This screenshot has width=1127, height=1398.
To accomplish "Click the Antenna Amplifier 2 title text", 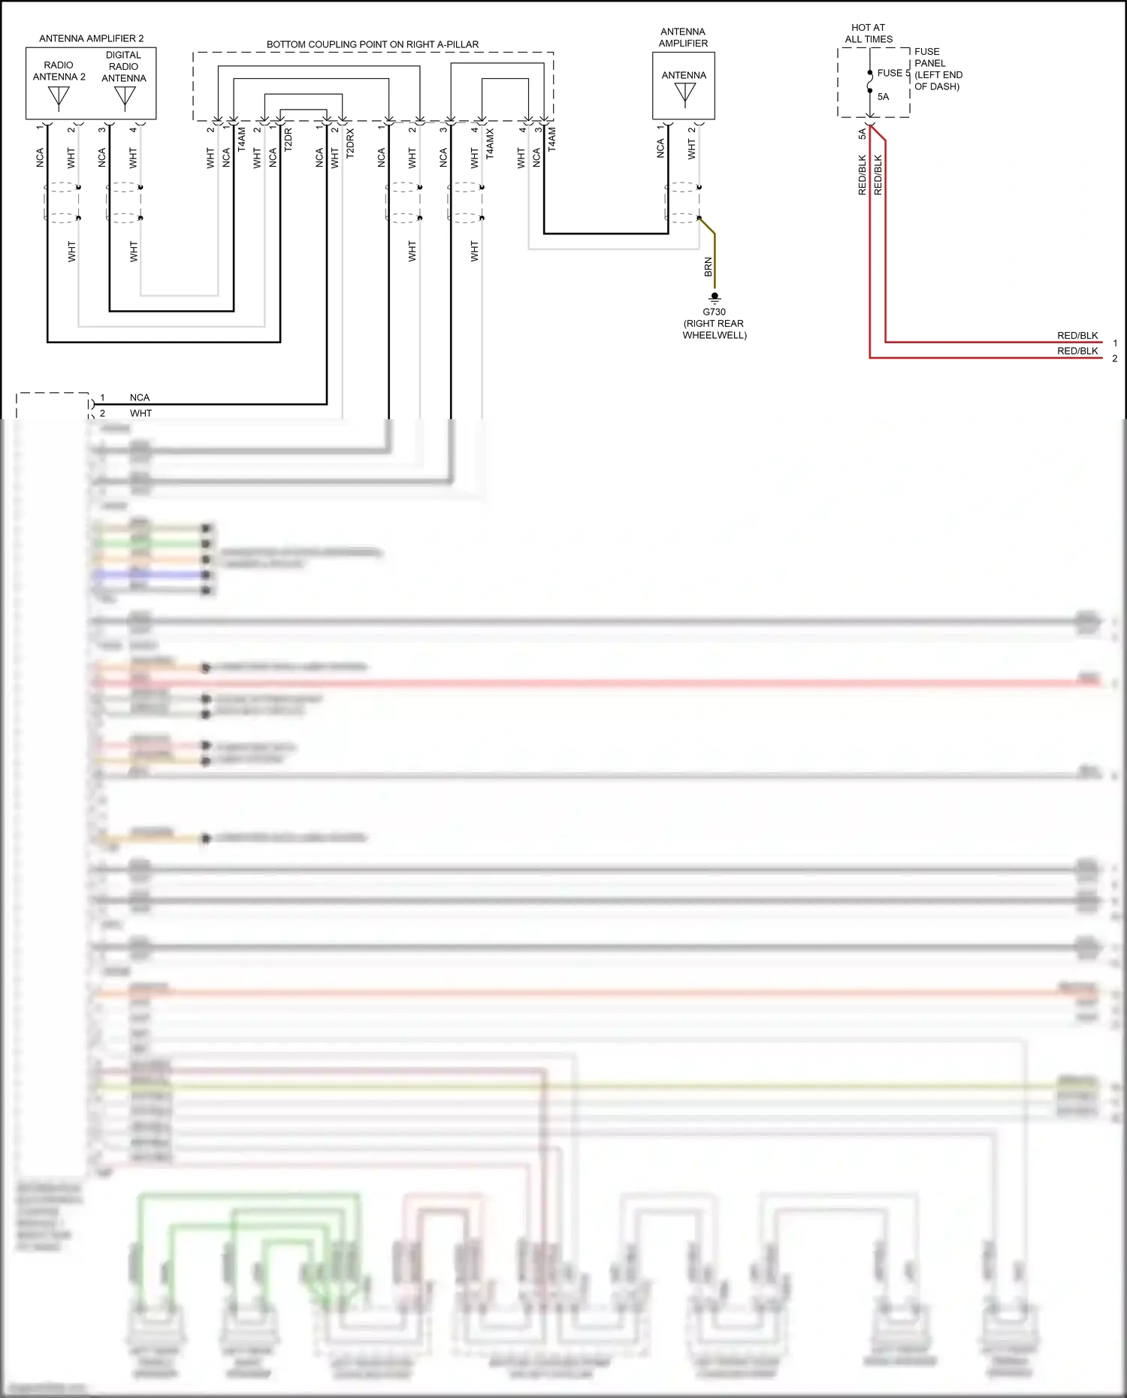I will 91,38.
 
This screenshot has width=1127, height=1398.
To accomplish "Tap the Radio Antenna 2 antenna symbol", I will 59,98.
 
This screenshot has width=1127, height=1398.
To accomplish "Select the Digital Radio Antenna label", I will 124,66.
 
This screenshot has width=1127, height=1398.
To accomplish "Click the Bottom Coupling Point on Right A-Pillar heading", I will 373,44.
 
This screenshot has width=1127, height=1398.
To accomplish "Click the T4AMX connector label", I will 490,143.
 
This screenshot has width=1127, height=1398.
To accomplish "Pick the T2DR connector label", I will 289,140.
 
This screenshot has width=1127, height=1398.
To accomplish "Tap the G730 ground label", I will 714,312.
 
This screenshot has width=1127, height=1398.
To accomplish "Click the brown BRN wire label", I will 708,267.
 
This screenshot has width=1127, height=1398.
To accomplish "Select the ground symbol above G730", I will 715,298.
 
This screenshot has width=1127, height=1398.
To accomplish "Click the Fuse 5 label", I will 893,73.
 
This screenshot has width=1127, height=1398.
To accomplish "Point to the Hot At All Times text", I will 869,33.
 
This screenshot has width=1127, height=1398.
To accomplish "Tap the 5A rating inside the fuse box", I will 883,97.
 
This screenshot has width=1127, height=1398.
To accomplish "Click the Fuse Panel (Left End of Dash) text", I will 938,69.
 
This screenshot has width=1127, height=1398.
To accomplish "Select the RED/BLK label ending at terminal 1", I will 1077,336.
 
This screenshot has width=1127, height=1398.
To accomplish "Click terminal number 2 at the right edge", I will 1115,359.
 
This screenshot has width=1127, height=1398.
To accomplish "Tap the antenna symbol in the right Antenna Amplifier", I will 684,94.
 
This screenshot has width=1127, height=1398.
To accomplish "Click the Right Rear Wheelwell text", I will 714,329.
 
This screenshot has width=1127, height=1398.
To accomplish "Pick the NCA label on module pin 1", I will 140,397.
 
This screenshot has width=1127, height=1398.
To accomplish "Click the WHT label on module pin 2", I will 140,413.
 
